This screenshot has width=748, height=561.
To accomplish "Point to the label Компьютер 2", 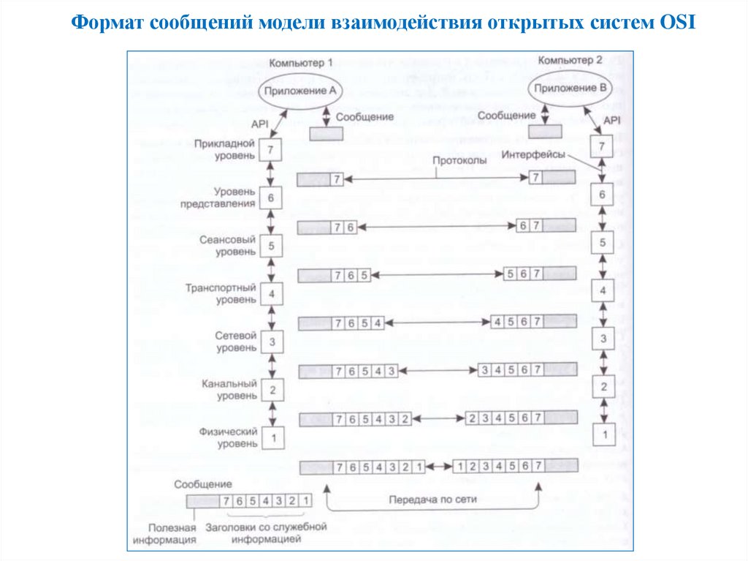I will point(570,60).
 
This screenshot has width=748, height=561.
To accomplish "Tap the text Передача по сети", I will point(433,500).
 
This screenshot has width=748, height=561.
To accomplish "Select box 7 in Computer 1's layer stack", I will point(271,151).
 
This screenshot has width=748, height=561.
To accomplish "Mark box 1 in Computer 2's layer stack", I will point(603,434).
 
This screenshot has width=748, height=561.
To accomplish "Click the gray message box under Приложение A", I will point(326,134).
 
